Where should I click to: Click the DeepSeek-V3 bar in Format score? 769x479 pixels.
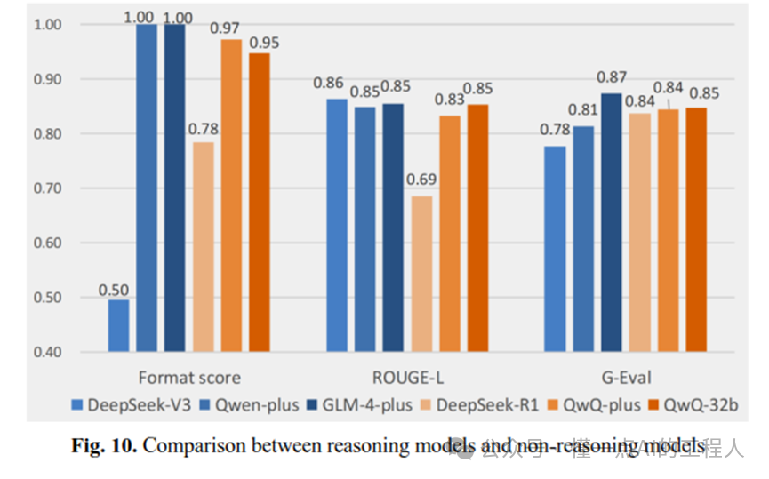coord(118,325)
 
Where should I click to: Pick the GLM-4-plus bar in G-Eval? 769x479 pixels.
coord(611,222)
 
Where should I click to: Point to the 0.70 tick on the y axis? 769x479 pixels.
coord(48,188)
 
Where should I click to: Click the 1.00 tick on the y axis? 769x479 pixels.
coord(48,25)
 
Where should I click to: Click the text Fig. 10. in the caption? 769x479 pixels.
coord(103,445)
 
